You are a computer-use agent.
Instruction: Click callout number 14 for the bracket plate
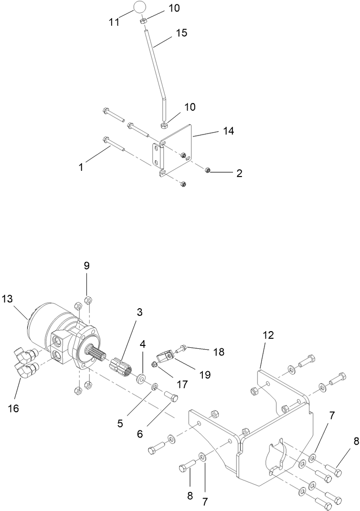pyautogui.click(x=228, y=131)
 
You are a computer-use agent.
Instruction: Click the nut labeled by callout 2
pyautogui.click(x=208, y=170)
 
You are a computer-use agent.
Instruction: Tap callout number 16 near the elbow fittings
pyautogui.click(x=13, y=408)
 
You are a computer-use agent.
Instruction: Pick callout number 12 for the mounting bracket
pyautogui.click(x=268, y=334)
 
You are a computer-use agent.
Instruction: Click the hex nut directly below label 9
pyautogui.click(x=87, y=300)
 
